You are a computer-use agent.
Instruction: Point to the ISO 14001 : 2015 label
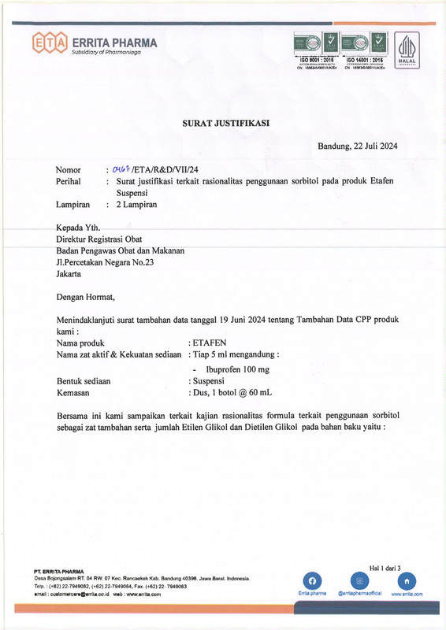click(364, 60)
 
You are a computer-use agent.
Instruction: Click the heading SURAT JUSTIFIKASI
click(222, 122)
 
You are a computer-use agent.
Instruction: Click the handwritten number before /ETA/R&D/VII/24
click(121, 169)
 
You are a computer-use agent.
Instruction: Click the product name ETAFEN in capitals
click(209, 343)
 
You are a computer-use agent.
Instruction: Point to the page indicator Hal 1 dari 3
click(385, 567)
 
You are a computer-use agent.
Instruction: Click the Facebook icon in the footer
click(312, 580)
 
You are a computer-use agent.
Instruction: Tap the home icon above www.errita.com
click(407, 580)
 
